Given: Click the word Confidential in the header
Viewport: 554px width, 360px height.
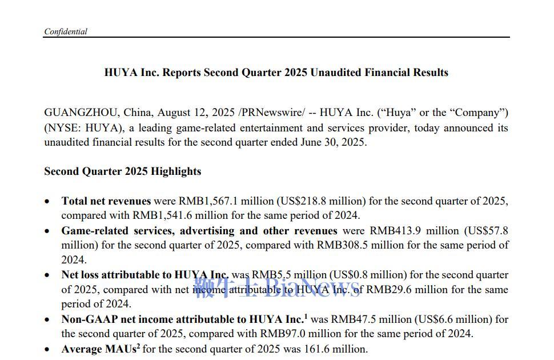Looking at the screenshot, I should [x=65, y=32].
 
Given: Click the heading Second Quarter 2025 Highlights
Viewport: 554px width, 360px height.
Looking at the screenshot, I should [x=122, y=171].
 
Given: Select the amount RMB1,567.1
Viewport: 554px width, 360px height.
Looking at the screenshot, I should [x=207, y=201].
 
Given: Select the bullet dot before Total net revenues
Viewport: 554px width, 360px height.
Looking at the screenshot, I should [x=47, y=202].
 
